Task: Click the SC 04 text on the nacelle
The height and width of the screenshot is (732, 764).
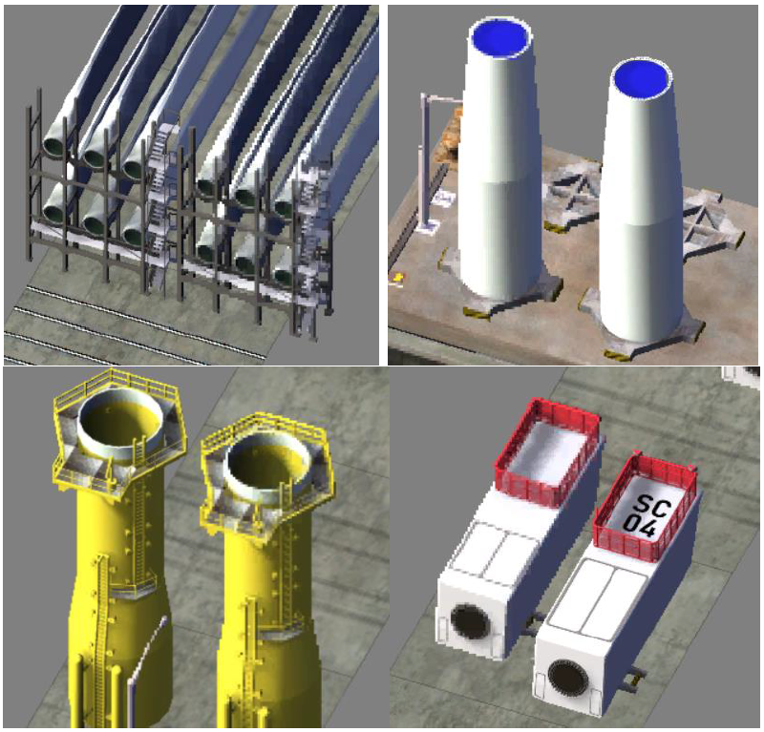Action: [x=647, y=516]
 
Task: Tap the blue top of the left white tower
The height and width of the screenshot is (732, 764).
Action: [x=500, y=37]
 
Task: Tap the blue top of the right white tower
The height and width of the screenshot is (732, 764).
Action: [x=642, y=80]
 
